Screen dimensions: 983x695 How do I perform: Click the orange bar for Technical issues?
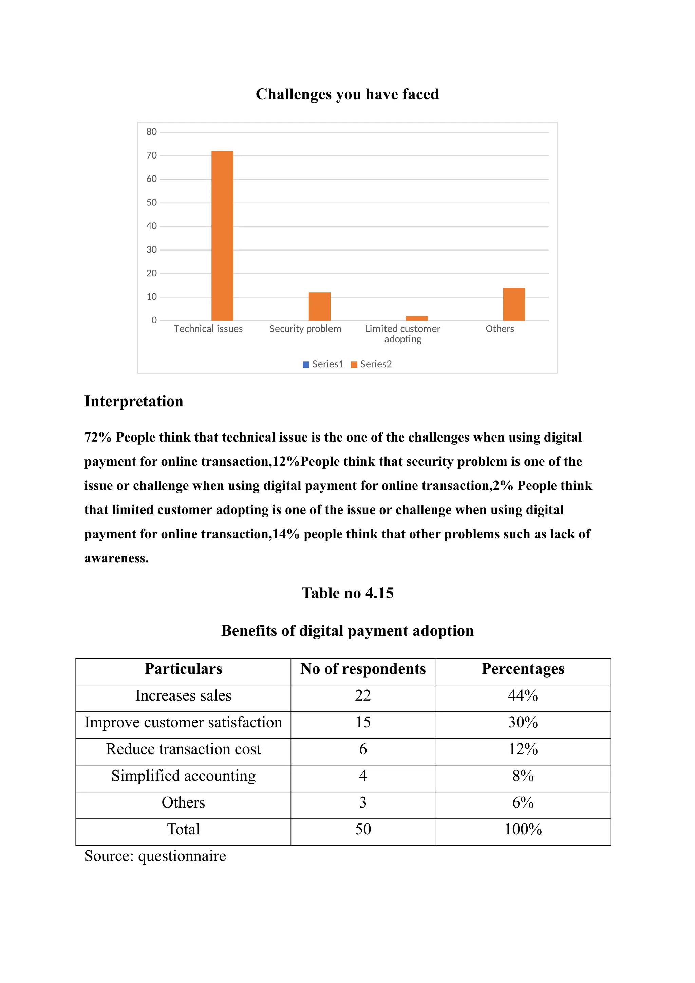(222, 236)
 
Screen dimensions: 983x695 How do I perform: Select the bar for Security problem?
(319, 306)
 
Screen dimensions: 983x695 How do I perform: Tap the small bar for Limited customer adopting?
(416, 318)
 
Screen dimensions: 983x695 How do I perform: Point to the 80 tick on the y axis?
(151, 132)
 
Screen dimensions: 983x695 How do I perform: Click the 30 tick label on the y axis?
(151, 249)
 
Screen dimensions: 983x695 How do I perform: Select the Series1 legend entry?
(323, 364)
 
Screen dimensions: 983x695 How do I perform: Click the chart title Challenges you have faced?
(347, 94)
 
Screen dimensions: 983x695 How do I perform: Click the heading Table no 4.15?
(347, 593)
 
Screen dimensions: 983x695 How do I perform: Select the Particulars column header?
(183, 669)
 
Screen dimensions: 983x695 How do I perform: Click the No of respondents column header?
(362, 669)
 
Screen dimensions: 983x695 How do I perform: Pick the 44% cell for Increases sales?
(523, 696)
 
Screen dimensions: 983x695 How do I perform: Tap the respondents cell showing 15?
(362, 723)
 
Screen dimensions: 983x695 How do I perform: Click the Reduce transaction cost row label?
(183, 749)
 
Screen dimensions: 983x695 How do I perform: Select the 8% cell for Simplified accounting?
(523, 776)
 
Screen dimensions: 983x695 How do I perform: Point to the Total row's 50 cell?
(362, 829)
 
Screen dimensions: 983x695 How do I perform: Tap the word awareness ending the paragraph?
(116, 558)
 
